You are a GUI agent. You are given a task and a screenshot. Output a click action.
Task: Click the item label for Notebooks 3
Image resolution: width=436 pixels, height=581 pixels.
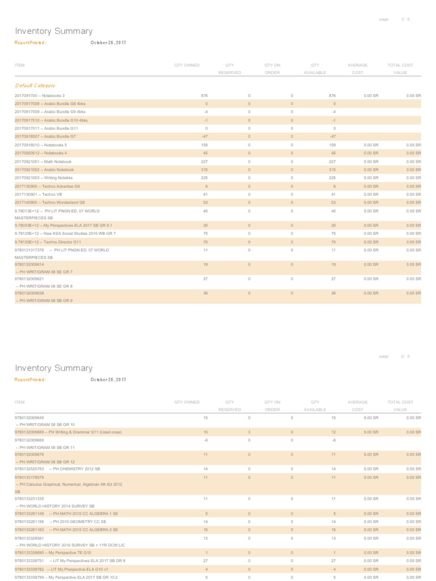(39, 95)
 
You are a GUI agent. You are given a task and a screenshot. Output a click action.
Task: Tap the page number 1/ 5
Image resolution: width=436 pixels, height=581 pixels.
(405, 19)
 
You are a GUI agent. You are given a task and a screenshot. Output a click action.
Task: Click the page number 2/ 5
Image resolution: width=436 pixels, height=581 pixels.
(405, 356)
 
